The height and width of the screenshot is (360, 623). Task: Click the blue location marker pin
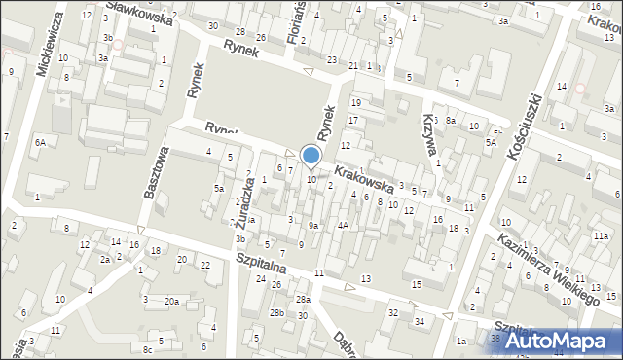coord(311,156)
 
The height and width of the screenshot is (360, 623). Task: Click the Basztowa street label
coord(156,173)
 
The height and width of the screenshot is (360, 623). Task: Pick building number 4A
coord(343,226)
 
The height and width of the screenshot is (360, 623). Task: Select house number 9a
coord(313,226)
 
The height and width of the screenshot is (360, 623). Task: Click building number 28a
coord(303,299)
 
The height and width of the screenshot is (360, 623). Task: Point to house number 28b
coord(277,312)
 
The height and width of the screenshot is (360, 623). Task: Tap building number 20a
coord(171,302)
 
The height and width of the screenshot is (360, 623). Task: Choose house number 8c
coord(148,348)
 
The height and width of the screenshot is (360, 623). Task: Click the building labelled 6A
coord(40,143)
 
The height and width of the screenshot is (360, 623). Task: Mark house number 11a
coord(602,236)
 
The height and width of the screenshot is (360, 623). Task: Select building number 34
coord(421,321)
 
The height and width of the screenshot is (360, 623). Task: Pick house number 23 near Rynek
coord(332,60)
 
